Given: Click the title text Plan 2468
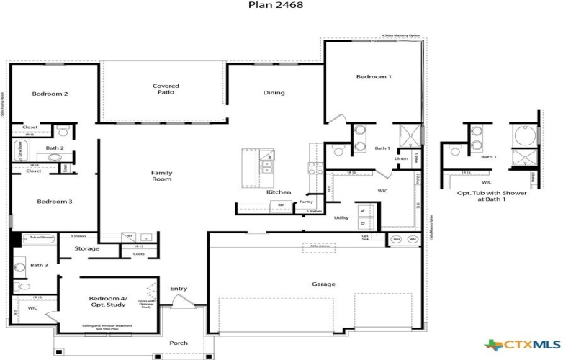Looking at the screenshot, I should (276, 5).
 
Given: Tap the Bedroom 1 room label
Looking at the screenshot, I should (374, 77).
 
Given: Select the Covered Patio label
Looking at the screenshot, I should (166, 89).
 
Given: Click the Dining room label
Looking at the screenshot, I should (274, 92).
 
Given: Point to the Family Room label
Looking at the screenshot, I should (161, 176).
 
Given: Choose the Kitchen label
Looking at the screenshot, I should (279, 192).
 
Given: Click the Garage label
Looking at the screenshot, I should (323, 284).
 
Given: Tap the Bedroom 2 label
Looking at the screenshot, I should (50, 94).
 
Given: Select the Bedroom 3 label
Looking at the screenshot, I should (55, 202).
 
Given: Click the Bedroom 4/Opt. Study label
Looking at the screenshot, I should (107, 301).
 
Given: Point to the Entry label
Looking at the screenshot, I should (179, 289).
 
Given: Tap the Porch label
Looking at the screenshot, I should (179, 343).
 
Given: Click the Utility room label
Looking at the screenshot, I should (341, 217).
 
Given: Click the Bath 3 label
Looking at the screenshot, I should (38, 265).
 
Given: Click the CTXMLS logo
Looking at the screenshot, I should (523, 346).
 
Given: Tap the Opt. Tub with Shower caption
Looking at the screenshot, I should (492, 197).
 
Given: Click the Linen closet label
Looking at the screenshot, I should (402, 158).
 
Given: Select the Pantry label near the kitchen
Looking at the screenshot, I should (306, 202).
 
